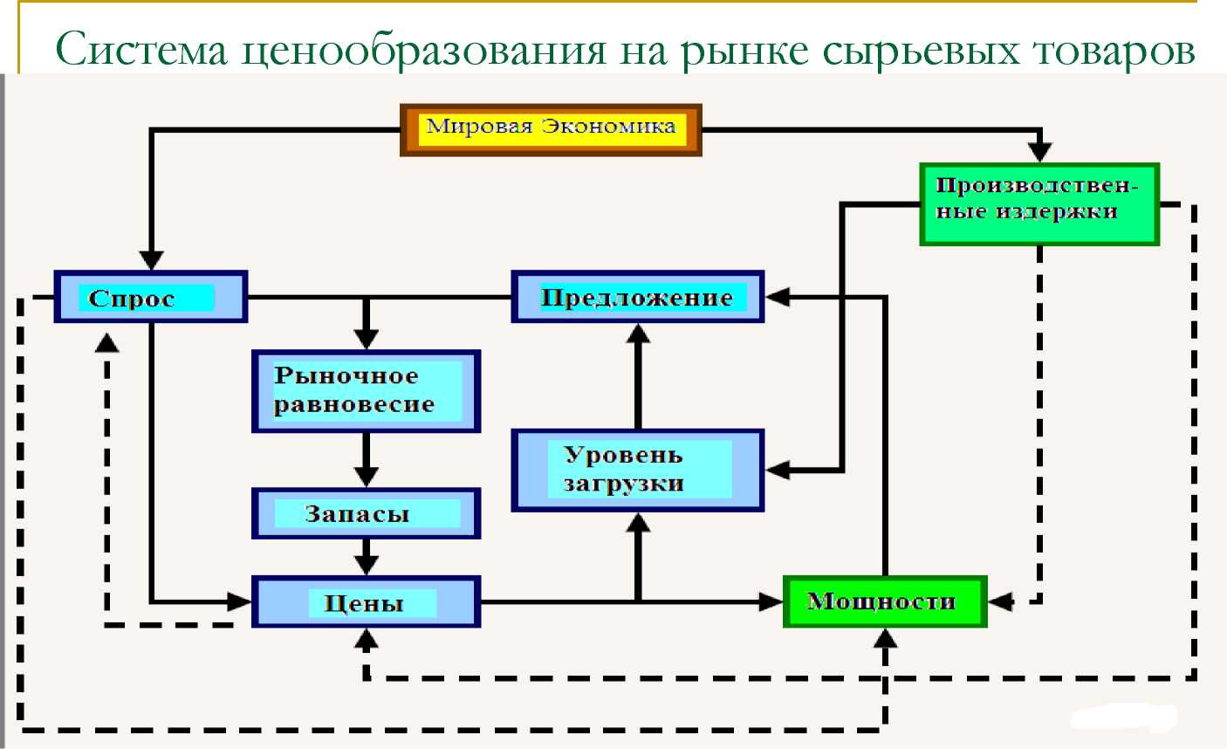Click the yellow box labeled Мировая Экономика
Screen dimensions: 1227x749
(551, 130)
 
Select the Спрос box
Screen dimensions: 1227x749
(151, 297)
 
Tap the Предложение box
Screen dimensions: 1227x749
(638, 297)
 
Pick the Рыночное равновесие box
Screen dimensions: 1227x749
(366, 391)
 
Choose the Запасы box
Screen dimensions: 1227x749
(366, 513)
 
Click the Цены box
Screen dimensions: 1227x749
(366, 601)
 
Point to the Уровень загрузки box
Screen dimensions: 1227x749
(638, 471)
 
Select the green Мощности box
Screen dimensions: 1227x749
(885, 601)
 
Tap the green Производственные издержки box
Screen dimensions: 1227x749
(1039, 204)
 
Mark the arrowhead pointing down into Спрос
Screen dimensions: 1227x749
(151, 260)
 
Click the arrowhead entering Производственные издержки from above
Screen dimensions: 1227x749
(1039, 152)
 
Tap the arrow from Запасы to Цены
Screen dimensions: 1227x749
(366, 557)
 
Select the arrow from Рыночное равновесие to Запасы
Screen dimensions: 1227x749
(366, 460)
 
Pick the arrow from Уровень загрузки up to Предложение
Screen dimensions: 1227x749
(638, 376)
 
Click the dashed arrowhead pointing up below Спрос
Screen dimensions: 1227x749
(106, 342)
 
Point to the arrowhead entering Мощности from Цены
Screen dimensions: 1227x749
(771, 601)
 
